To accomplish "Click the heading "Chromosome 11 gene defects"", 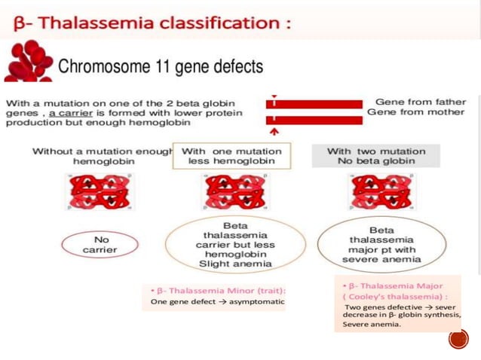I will click(x=161, y=66).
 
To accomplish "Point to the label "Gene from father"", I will click(x=420, y=102).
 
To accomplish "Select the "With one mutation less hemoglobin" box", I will click(x=231, y=157).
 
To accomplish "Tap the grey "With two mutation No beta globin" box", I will click(x=375, y=157).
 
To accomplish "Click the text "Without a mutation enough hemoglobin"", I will click(x=101, y=157).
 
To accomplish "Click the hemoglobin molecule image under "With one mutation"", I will click(x=234, y=192).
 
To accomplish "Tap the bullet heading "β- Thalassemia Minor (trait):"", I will click(x=218, y=290).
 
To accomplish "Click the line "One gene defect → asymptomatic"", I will click(x=218, y=302).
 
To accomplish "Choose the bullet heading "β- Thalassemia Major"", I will click(x=393, y=286).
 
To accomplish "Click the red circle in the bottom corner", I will click(x=458, y=339).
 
